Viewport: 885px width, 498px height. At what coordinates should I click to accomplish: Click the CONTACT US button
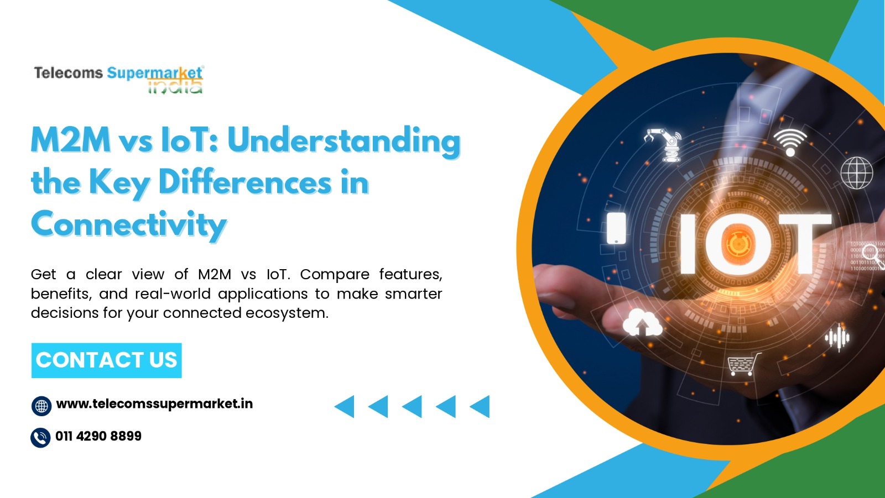click(x=106, y=360)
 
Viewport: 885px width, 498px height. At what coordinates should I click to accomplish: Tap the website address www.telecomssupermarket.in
click(x=154, y=404)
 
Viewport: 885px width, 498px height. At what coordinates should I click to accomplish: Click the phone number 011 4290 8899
click(x=98, y=436)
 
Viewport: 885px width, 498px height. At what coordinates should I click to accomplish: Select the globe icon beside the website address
click(x=41, y=406)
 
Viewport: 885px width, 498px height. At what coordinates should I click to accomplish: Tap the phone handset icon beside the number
click(x=40, y=438)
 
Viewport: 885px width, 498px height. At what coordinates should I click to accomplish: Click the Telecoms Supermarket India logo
click(x=118, y=80)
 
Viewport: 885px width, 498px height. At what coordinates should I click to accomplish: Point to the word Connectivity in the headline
click(x=129, y=224)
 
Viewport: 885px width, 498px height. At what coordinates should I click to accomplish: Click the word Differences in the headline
click(x=245, y=182)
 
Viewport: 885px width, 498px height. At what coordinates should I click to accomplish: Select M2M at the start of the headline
click(x=71, y=140)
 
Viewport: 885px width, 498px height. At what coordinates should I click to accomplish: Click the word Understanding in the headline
click(x=344, y=141)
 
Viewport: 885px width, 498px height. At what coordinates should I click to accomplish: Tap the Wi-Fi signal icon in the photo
click(x=790, y=143)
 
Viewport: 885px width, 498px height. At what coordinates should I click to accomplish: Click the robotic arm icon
click(x=664, y=145)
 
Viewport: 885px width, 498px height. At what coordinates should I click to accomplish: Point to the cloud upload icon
click(x=642, y=323)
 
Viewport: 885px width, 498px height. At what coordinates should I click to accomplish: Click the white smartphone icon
click(x=616, y=228)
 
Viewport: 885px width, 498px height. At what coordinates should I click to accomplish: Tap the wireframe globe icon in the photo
click(x=857, y=173)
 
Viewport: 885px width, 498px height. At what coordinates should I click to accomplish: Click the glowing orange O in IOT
click(x=738, y=244)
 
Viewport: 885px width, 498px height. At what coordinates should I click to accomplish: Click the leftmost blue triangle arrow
click(x=345, y=406)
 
